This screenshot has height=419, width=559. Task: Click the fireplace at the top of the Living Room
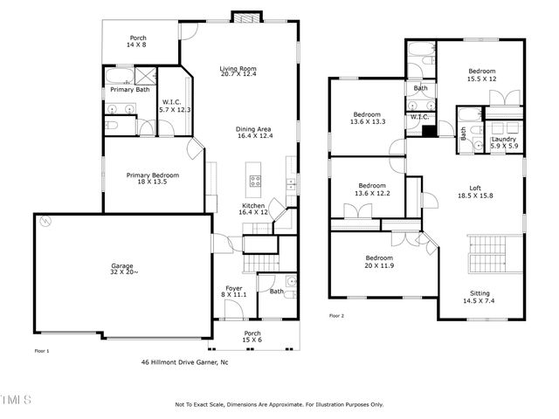tap(244, 17)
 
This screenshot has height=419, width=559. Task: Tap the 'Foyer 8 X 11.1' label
tap(233, 292)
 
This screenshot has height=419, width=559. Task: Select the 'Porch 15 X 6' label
tap(252, 336)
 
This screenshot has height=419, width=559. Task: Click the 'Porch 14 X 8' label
tap(138, 41)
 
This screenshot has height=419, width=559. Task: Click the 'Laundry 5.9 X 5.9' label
tap(502, 142)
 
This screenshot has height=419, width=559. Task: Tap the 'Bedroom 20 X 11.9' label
tap(378, 262)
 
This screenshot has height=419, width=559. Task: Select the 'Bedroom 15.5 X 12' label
tap(481, 75)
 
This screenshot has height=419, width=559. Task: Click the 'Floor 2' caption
tap(336, 316)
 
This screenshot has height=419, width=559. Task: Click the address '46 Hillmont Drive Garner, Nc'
tap(185, 361)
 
